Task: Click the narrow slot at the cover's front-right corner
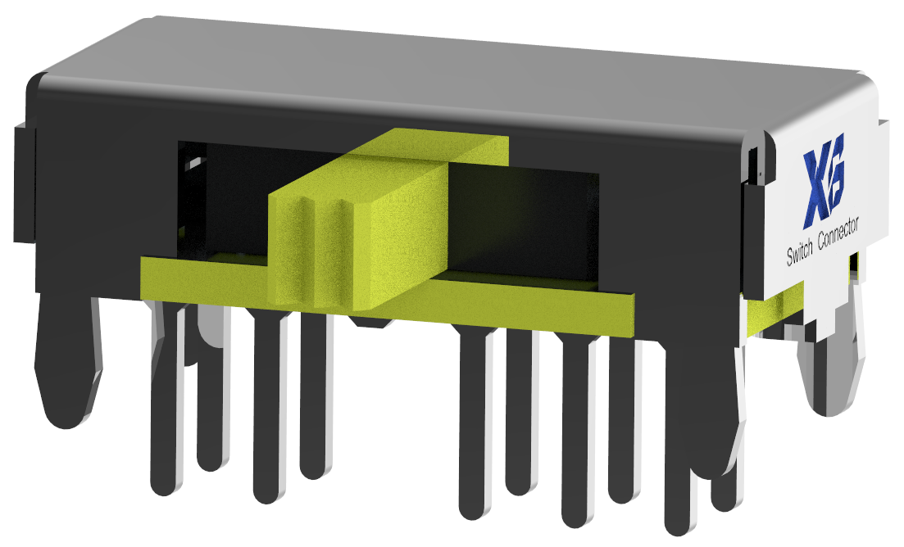click(755, 164)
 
